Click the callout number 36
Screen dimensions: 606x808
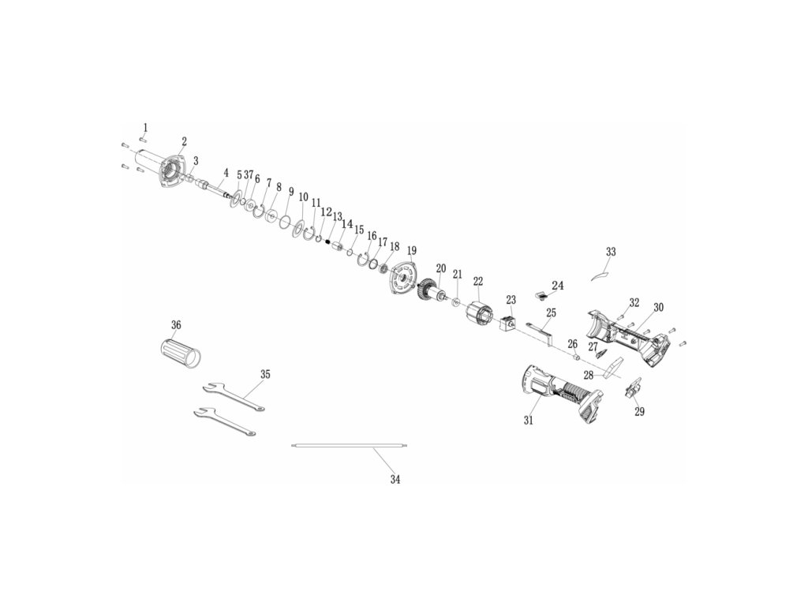coord(176,325)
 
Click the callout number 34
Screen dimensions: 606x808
coord(395,479)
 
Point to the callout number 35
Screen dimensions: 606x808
coord(265,374)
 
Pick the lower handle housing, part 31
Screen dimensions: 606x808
coord(556,394)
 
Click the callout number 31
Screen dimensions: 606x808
coord(529,421)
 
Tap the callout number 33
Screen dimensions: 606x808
coord(611,252)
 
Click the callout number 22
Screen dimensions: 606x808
coord(478,281)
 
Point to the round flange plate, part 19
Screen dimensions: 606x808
coord(405,278)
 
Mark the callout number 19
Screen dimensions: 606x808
coord(411,251)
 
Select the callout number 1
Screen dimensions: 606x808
coord(144,127)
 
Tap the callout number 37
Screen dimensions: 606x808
coord(249,174)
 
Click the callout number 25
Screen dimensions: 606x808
coord(550,313)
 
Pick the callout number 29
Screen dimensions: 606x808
coord(639,412)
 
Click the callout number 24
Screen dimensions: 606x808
coord(558,285)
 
